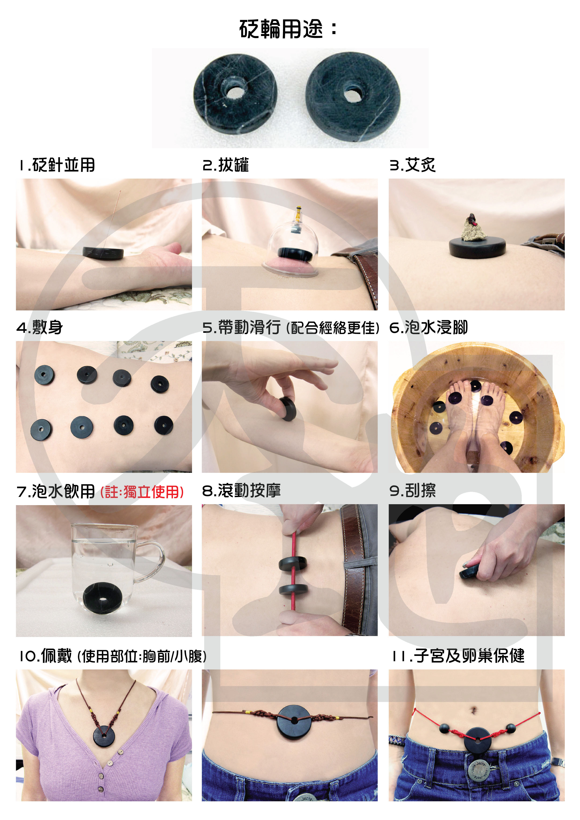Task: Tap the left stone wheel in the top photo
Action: pyautogui.click(x=235, y=94)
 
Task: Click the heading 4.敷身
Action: pyautogui.click(x=40, y=327)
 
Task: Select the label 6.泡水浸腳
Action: pyautogui.click(x=428, y=327)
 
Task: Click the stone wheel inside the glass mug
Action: pyautogui.click(x=103, y=598)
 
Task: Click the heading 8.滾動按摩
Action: pyautogui.click(x=241, y=490)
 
